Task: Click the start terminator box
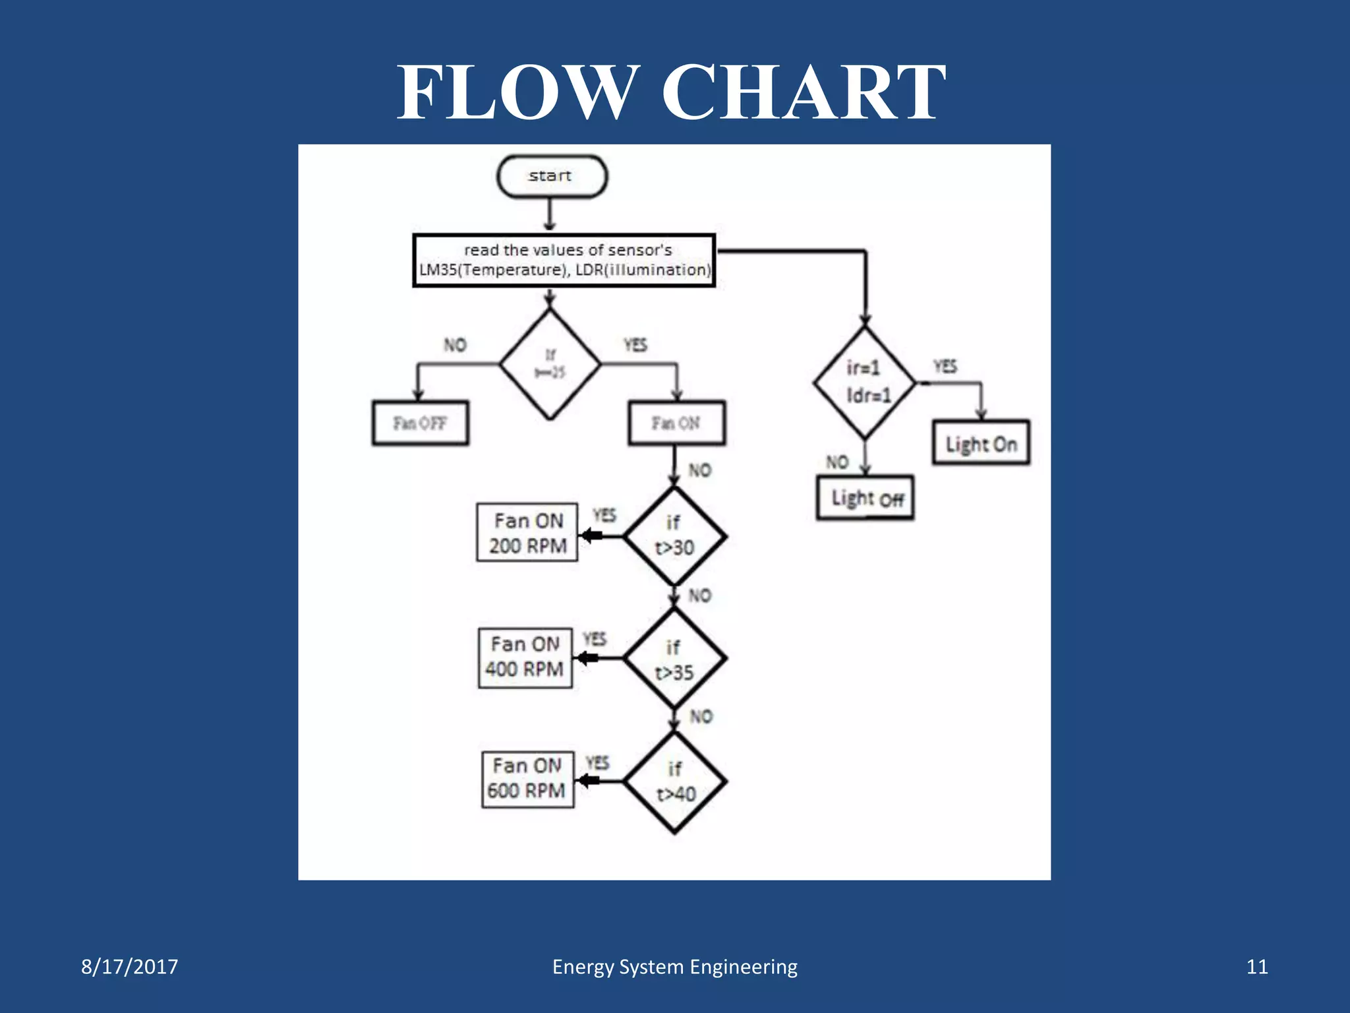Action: coord(551,176)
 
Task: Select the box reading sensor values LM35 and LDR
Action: coord(564,261)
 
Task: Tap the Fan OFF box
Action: coord(420,423)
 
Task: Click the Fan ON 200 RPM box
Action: coord(527,533)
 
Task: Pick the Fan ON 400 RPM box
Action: coord(525,658)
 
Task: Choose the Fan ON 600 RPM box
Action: coord(527,779)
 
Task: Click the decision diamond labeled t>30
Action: coord(674,536)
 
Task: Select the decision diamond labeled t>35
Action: coord(674,659)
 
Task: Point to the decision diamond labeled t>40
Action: coord(675,782)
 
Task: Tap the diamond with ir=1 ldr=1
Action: coord(865,383)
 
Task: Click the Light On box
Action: coord(981,443)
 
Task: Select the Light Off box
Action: coord(865,499)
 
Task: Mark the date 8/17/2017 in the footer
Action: coord(129,967)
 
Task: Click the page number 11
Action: coord(1256,967)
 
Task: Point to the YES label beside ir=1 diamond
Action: coord(945,367)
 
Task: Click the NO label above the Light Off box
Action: coord(837,462)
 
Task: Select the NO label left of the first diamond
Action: coord(455,345)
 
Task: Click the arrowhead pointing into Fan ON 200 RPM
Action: coord(588,535)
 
